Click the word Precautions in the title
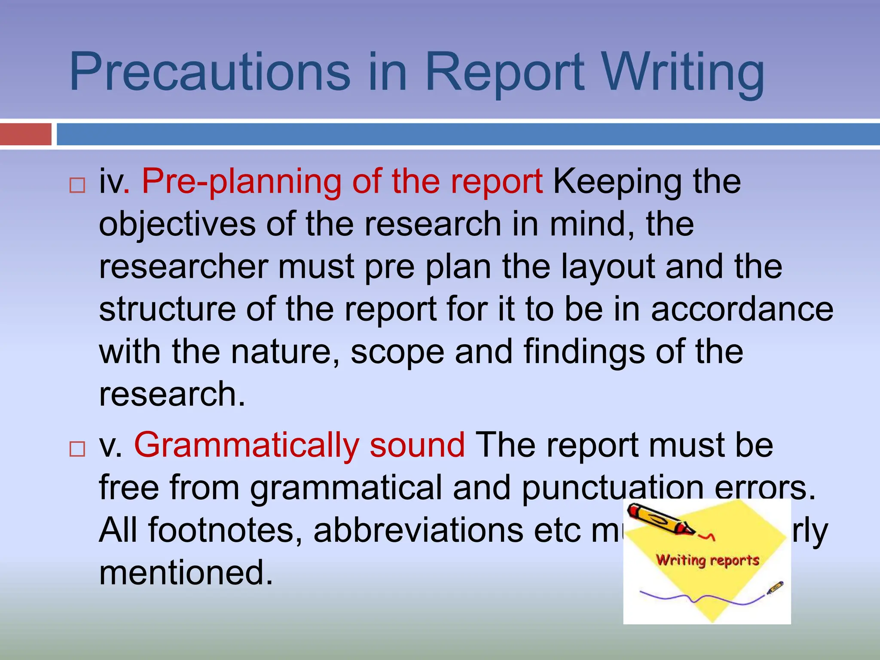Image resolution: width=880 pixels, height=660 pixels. point(210,72)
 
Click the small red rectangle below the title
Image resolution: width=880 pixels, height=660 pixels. point(25,134)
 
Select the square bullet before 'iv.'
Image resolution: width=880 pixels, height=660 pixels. point(77,186)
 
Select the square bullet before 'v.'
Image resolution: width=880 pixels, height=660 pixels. point(77,449)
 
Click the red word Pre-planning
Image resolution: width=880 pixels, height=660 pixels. point(241,182)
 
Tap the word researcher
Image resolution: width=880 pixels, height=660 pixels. point(183,267)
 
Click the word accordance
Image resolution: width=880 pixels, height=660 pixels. point(742,309)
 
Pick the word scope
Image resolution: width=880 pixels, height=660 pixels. point(397,352)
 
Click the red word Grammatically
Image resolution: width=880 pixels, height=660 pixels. point(247,446)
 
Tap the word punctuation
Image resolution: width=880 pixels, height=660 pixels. point(612,488)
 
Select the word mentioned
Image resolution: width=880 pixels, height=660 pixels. point(186,573)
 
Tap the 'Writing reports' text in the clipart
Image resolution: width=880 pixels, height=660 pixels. point(707,560)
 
